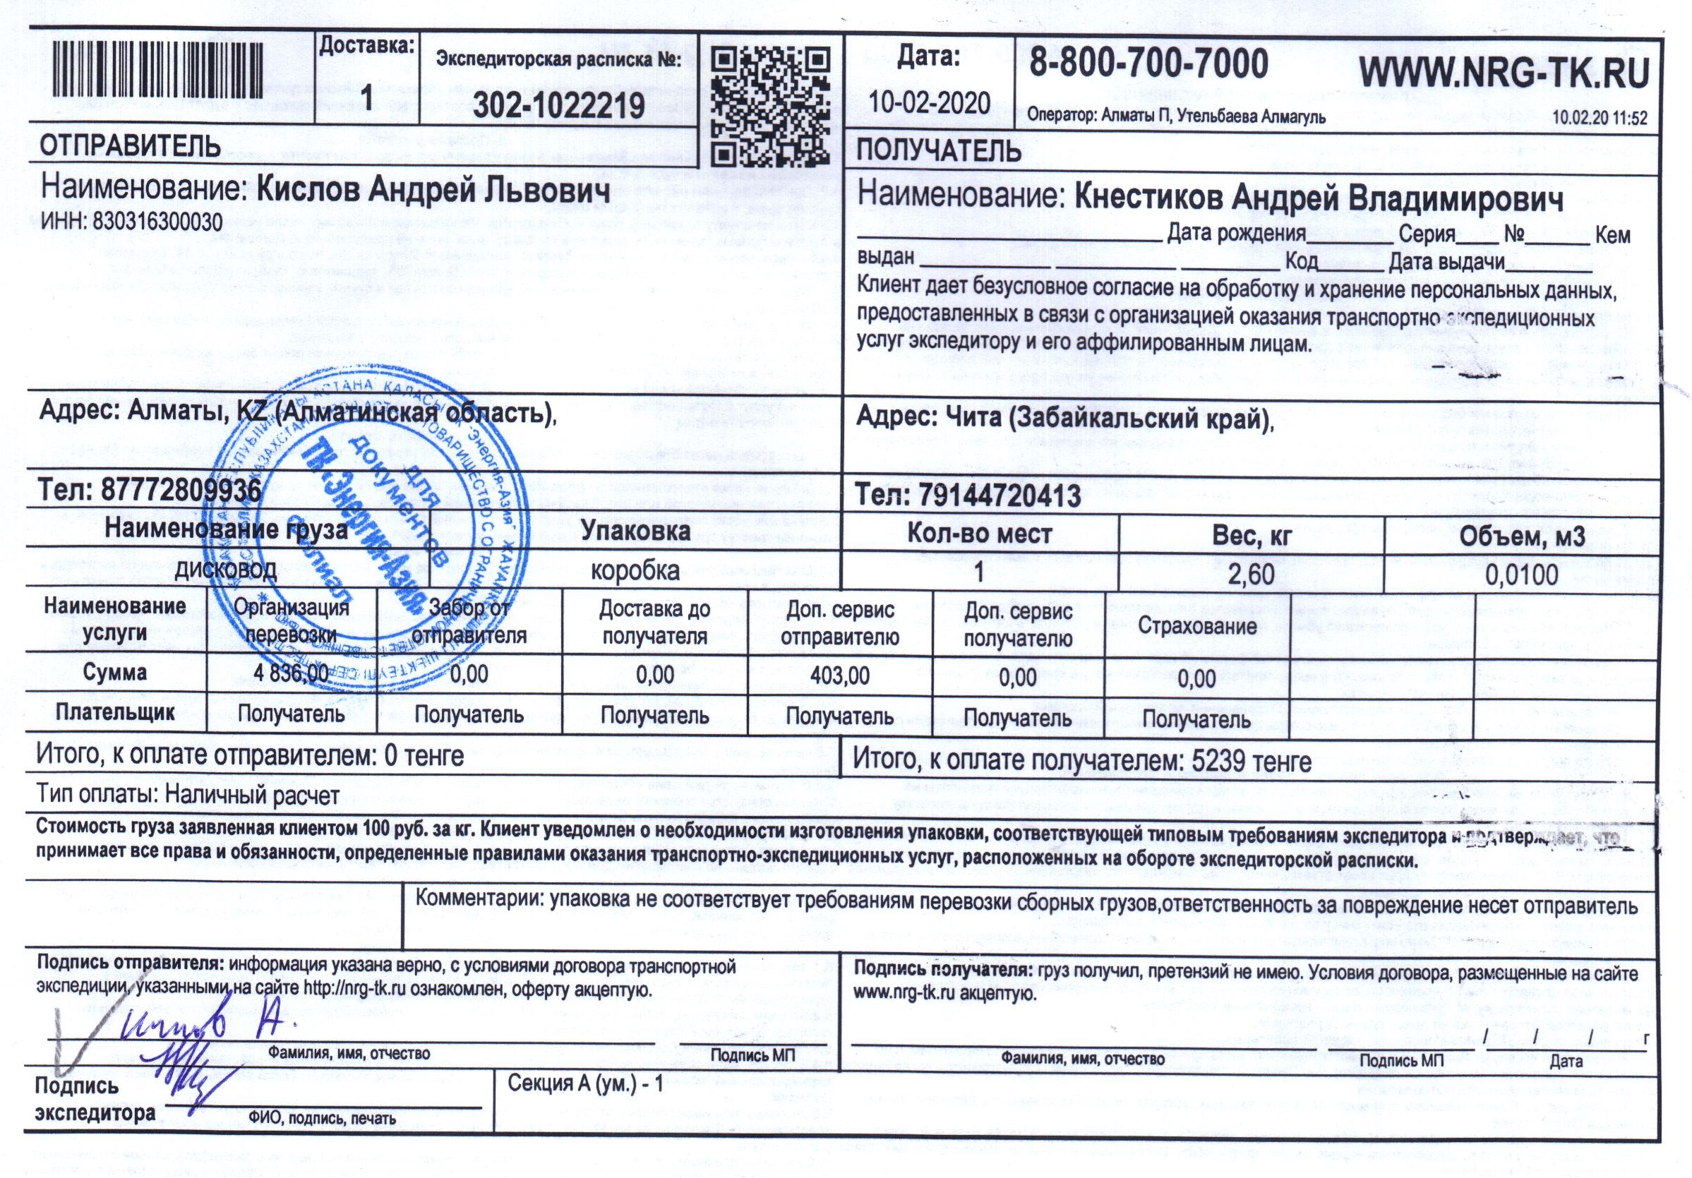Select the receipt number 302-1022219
558,107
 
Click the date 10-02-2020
929,102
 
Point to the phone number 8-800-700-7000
1148,65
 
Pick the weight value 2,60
1251,573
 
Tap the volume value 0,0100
1522,575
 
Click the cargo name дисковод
225,568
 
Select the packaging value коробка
635,571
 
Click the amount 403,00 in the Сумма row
839,675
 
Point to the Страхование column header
1197,627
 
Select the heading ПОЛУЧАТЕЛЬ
938,150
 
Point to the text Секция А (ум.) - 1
586,1083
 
